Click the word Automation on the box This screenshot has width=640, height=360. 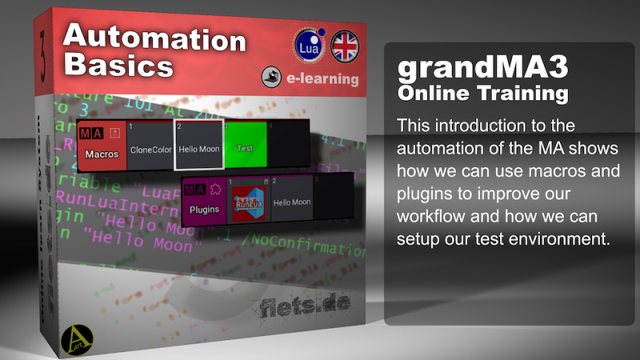pos(154,38)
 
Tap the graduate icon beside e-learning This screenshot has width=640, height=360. pos(273,78)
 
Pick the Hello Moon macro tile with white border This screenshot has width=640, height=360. pos(198,145)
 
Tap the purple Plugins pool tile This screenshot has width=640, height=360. pos(204,198)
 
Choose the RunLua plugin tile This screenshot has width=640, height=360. pos(249,200)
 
